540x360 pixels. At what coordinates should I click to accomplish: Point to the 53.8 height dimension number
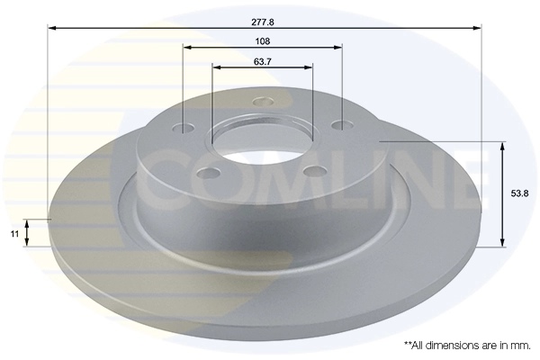pos(519,193)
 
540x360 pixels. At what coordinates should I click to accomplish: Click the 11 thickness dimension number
pos(15,233)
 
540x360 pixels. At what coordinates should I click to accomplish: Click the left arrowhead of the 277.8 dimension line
pos(51,28)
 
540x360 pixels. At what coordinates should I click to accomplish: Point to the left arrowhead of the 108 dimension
pos(187,48)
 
